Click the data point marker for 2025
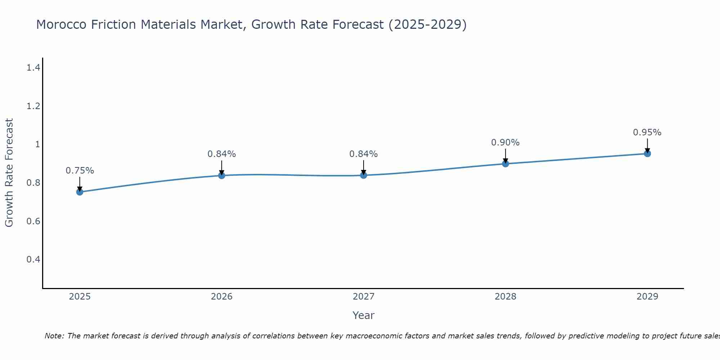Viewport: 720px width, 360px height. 80,192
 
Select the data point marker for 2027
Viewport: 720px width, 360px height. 364,175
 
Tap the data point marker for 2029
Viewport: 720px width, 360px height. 647,154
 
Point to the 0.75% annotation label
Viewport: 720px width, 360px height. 80,171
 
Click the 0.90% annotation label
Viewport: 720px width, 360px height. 505,143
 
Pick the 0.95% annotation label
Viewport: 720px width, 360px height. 647,132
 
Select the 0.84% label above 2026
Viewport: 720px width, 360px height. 222,154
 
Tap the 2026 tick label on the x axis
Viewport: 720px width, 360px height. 222,297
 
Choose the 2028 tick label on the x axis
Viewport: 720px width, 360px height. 505,297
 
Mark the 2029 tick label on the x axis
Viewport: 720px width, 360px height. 647,297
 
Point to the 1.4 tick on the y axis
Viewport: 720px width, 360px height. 33,67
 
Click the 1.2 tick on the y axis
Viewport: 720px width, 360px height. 33,106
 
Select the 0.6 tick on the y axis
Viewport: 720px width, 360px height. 33,221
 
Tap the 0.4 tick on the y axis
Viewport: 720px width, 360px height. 33,260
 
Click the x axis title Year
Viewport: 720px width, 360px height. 364,315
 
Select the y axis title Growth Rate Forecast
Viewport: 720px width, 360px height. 9,173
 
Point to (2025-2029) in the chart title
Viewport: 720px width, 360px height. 428,24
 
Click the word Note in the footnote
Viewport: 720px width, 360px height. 54,336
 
